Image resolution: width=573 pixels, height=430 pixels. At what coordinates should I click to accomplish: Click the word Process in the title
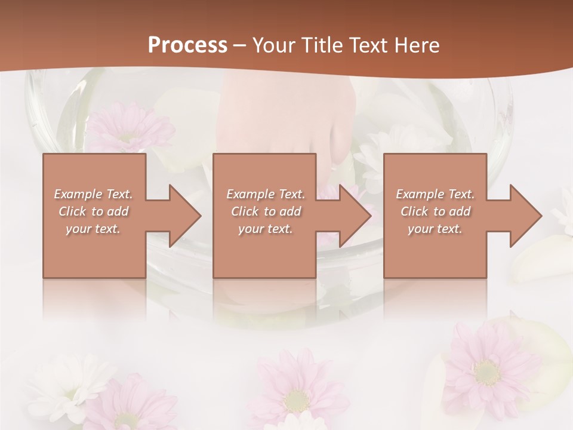[x=187, y=45]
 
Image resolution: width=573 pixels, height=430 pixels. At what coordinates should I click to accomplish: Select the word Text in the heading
[x=369, y=45]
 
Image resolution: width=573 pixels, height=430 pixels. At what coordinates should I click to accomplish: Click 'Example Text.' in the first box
[x=94, y=194]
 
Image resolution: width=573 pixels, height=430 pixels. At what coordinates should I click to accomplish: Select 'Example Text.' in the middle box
[x=266, y=194]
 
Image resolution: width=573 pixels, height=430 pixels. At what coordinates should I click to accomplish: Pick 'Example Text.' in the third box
[x=435, y=194]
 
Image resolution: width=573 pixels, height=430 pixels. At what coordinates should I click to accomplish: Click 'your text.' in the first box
[x=94, y=229]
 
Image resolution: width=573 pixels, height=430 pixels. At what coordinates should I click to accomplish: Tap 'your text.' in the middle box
[x=266, y=229]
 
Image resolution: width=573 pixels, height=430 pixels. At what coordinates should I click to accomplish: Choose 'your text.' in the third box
[x=435, y=229]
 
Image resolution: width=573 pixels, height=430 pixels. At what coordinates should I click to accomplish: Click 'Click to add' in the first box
[x=94, y=211]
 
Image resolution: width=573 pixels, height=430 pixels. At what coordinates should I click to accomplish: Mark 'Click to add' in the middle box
[x=266, y=211]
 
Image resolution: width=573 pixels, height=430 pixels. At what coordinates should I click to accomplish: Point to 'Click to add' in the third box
[x=435, y=211]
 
